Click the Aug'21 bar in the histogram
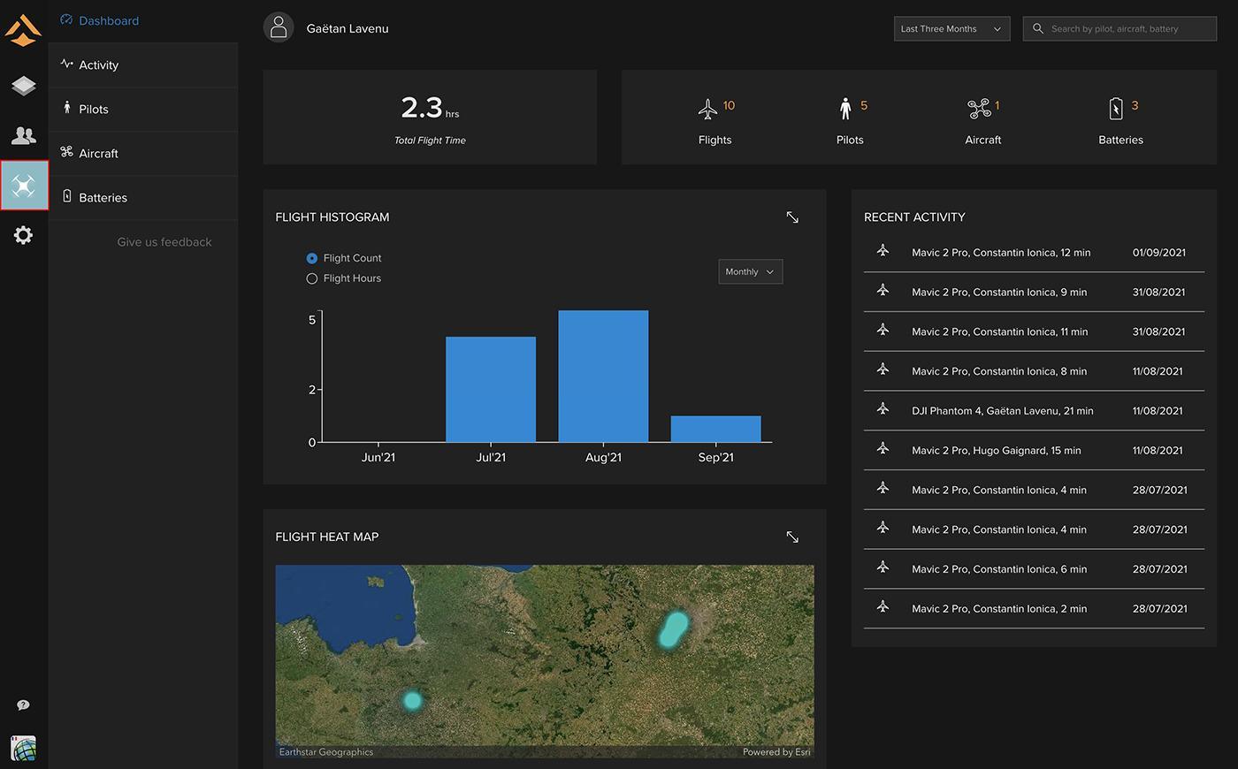tap(603, 377)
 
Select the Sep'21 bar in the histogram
tap(715, 429)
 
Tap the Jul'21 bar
tap(491, 390)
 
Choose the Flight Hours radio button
tap(311, 278)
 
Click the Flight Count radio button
tap(311, 258)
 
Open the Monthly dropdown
tap(751, 272)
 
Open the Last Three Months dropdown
tap(951, 28)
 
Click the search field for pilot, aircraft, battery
tap(1120, 28)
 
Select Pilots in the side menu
tap(94, 110)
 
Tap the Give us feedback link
tap(164, 242)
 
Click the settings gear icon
tap(23, 235)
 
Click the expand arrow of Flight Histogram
tap(792, 217)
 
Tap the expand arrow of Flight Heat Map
tap(792, 537)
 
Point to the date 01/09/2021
tap(1159, 253)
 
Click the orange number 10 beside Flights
tap(729, 105)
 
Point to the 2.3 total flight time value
tap(422, 107)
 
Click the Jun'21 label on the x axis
tap(378, 458)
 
